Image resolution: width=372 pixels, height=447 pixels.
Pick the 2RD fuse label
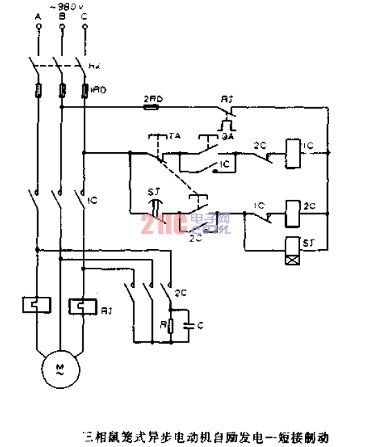click(x=152, y=98)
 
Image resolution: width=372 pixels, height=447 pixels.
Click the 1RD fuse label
click(x=98, y=89)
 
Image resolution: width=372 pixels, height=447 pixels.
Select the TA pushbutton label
click(x=174, y=136)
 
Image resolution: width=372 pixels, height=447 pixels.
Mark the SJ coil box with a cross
click(x=291, y=258)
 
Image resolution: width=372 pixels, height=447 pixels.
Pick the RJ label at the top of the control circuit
click(x=225, y=99)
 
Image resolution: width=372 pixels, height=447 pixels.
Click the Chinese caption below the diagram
click(x=205, y=437)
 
